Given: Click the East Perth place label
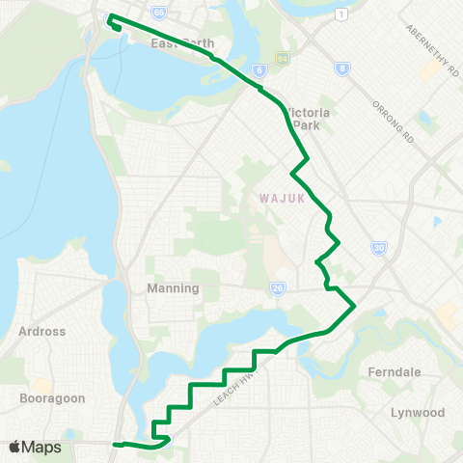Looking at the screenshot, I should pyautogui.click(x=181, y=44).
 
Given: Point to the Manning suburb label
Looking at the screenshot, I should pyautogui.click(x=173, y=288).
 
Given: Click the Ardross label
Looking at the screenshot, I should pyautogui.click(x=42, y=331).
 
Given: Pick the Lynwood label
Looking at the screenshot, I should pyautogui.click(x=418, y=412).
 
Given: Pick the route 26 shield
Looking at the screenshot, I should pyautogui.click(x=277, y=287).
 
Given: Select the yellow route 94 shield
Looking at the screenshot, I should pyautogui.click(x=282, y=60).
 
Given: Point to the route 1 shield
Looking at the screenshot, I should pyautogui.click(x=341, y=14).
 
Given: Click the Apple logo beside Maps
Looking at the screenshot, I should pyautogui.click(x=14, y=448).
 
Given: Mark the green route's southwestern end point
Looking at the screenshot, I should pyautogui.click(x=115, y=444).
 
